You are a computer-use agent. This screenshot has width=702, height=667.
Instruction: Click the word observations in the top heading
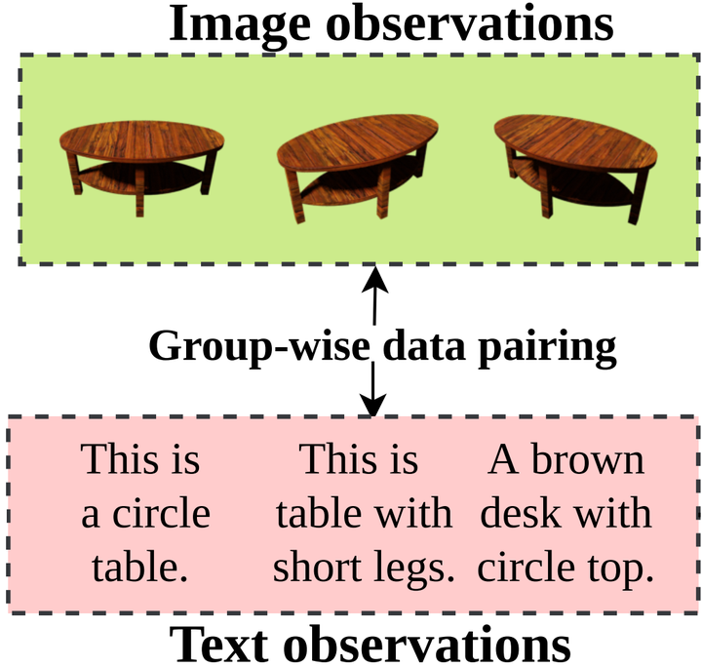tap(470, 22)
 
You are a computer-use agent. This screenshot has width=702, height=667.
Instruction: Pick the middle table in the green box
tap(357, 168)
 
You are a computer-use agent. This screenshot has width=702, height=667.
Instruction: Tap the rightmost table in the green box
tap(576, 169)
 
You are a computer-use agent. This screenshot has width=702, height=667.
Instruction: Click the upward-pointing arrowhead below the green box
tap(374, 279)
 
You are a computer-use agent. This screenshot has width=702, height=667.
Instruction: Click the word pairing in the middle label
tap(547, 349)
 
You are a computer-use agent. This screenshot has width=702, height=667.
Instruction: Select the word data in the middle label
tap(424, 346)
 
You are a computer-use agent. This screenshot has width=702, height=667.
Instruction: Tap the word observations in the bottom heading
tap(427, 644)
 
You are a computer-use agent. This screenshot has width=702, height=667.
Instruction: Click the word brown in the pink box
tap(587, 459)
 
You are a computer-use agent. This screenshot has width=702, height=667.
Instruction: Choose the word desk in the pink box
tap(521, 513)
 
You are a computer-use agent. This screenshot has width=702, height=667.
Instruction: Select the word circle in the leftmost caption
tap(161, 513)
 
